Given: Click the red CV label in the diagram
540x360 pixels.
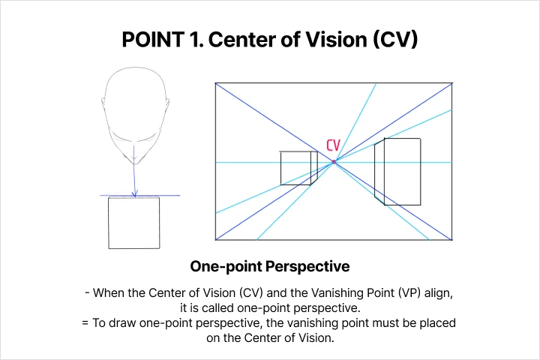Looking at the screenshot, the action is pos(333,145).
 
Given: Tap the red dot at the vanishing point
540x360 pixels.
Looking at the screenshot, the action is pos(334,161).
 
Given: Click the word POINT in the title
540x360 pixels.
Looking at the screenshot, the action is pos(153,39).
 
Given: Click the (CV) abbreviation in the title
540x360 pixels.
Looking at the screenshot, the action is pos(395,39).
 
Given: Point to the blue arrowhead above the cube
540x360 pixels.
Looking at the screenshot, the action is pos(135,193).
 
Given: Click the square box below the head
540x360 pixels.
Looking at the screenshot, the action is pos(134,222).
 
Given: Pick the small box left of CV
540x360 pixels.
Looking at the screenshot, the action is pos(299,168).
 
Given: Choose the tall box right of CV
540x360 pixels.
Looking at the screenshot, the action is pos(397,172).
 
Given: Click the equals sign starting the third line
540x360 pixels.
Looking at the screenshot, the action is pos(85,323).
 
